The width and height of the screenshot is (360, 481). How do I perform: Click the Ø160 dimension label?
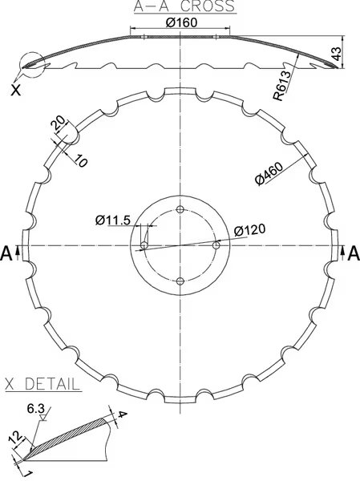point(181,22)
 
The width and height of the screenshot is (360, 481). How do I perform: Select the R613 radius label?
point(281,86)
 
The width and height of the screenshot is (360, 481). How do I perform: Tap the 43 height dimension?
point(337,54)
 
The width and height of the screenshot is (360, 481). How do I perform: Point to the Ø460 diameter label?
point(269,174)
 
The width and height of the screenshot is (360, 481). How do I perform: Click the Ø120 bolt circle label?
point(249,229)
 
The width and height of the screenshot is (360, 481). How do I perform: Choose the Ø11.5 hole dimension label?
point(113,220)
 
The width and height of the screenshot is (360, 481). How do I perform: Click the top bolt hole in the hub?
point(180,209)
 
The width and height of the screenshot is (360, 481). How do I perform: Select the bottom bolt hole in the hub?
point(180,281)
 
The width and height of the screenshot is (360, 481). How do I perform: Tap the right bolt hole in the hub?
point(216,245)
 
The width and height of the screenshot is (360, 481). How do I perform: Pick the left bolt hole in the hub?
point(144,245)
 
